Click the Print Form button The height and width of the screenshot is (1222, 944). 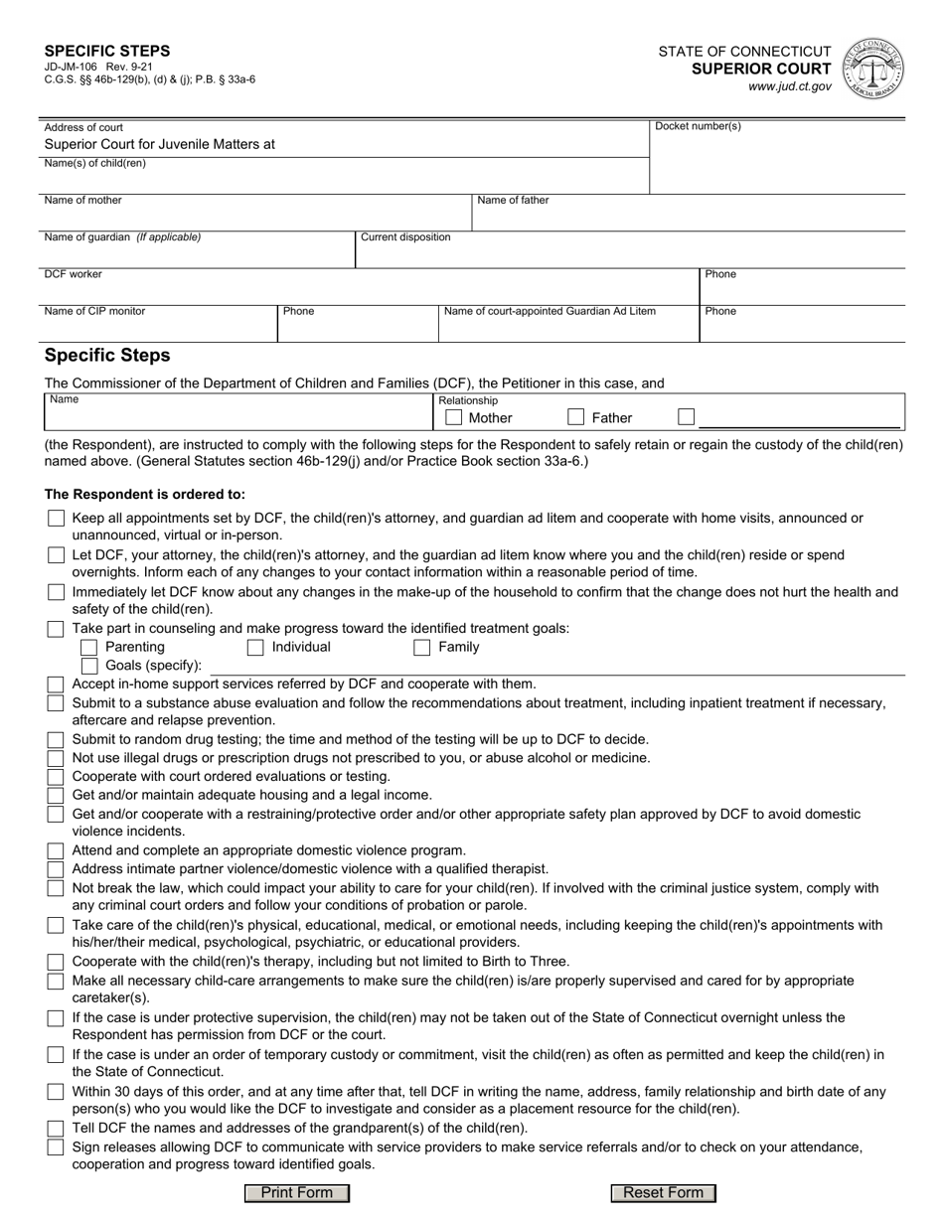pyautogui.click(x=297, y=1192)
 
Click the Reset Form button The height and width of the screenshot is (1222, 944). pyautogui.click(x=663, y=1192)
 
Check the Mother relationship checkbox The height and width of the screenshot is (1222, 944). pyautogui.click(x=454, y=417)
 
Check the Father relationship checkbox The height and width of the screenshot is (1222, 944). pyautogui.click(x=576, y=417)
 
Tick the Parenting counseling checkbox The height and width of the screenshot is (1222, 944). pyautogui.click(x=89, y=648)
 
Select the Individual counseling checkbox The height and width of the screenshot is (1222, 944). pyautogui.click(x=255, y=648)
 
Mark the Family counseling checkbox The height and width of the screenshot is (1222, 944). pyautogui.click(x=422, y=648)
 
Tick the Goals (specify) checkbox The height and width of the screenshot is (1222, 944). pyautogui.click(x=89, y=666)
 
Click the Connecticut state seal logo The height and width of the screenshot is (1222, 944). pyautogui.click(x=872, y=69)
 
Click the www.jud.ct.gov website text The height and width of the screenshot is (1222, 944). pyautogui.click(x=790, y=87)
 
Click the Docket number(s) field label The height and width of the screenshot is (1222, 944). pyautogui.click(x=698, y=126)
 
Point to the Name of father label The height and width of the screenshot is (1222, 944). pyautogui.click(x=513, y=200)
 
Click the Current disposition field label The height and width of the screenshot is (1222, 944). pyautogui.click(x=405, y=236)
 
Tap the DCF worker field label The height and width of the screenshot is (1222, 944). pyautogui.click(x=73, y=273)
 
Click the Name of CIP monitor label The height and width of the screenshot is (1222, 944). pyautogui.click(x=94, y=311)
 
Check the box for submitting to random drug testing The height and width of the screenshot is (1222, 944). pyautogui.click(x=56, y=740)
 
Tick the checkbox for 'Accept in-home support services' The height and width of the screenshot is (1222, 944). pyautogui.click(x=56, y=685)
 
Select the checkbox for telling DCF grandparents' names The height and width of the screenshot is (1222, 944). pyautogui.click(x=56, y=1129)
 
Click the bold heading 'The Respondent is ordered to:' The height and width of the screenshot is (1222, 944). pyautogui.click(x=144, y=494)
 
